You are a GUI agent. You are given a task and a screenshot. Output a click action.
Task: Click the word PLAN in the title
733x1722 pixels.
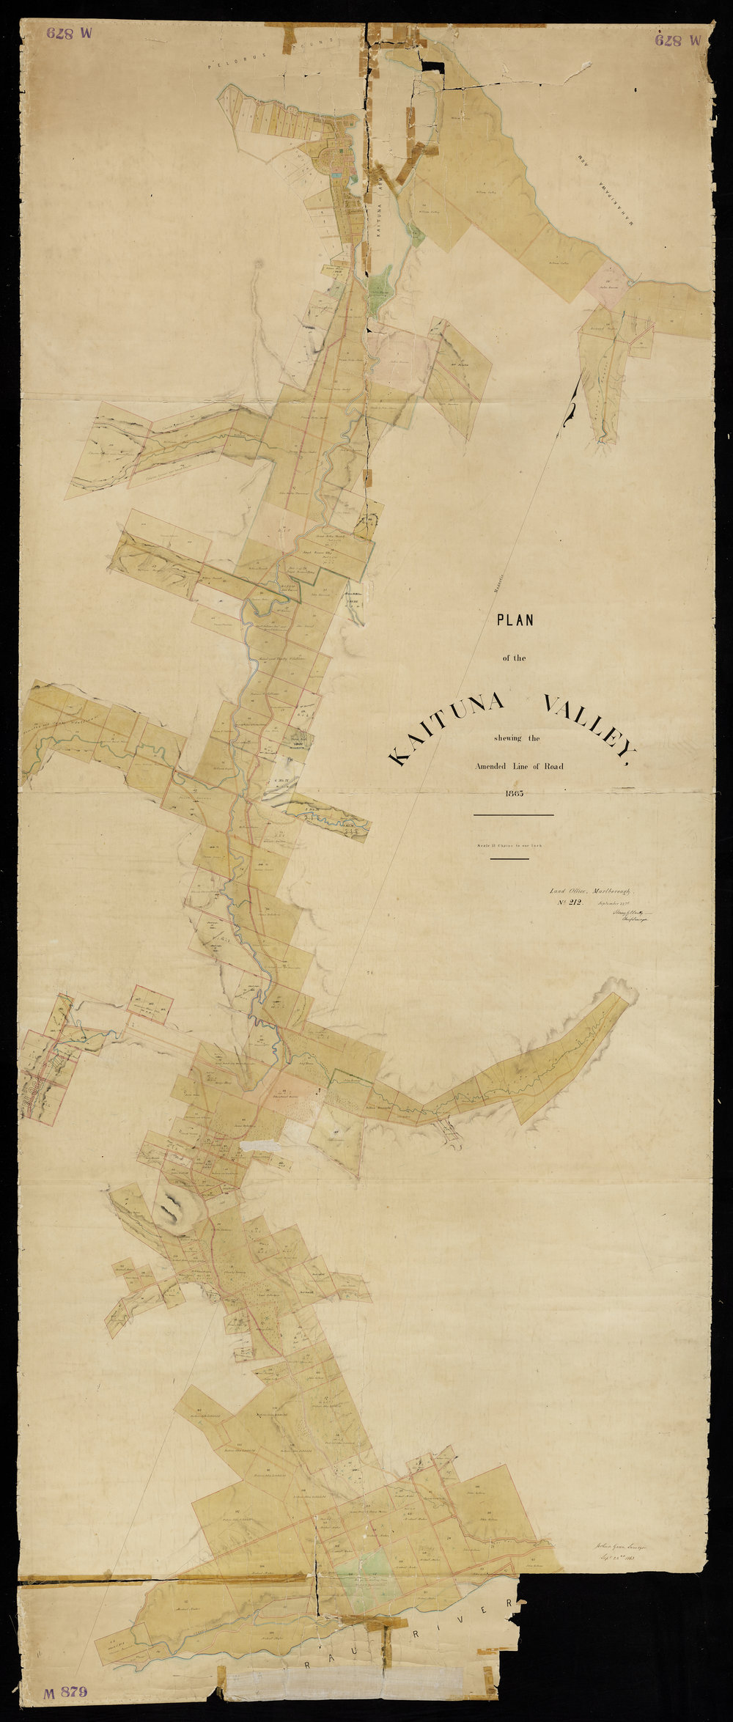click(516, 620)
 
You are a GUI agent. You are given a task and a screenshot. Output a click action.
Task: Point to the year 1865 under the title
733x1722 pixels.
click(515, 793)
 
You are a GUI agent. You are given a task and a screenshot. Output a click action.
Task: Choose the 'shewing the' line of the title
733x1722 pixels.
click(517, 738)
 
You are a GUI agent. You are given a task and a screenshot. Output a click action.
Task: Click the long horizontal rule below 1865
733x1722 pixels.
click(513, 814)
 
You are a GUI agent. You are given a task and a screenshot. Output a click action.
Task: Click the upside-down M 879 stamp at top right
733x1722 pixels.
click(679, 40)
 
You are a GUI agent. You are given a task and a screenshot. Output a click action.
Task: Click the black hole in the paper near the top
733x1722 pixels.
click(432, 65)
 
